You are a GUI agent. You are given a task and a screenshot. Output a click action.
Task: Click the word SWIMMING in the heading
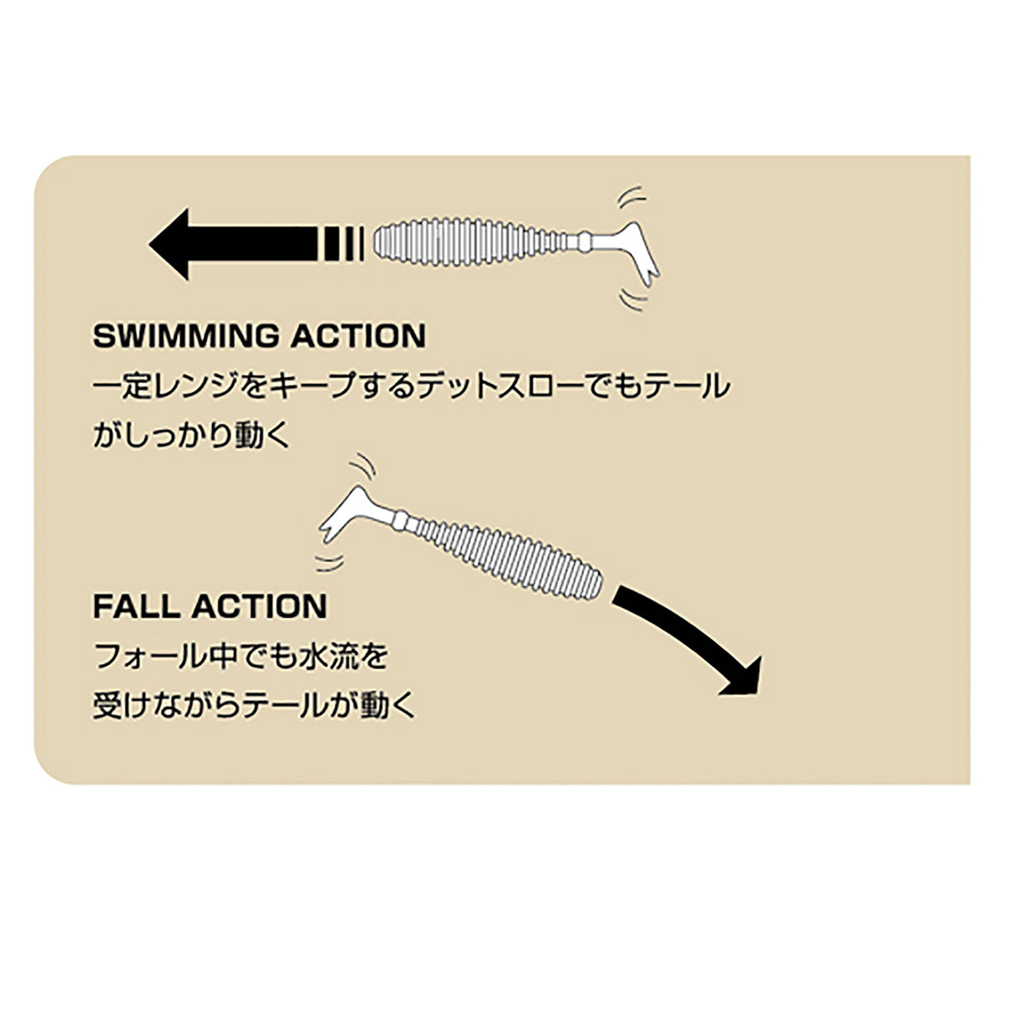click(186, 336)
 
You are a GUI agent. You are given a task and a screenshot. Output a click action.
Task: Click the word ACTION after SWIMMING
click(359, 336)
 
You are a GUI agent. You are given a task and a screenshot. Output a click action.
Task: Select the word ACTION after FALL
click(259, 606)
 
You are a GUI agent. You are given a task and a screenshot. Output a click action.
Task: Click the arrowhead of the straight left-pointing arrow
click(169, 244)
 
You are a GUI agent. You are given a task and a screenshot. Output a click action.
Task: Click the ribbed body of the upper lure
click(471, 243)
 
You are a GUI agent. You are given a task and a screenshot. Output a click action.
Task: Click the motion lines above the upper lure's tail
click(631, 197)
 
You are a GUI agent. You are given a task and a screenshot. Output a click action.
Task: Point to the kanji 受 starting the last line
click(106, 705)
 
